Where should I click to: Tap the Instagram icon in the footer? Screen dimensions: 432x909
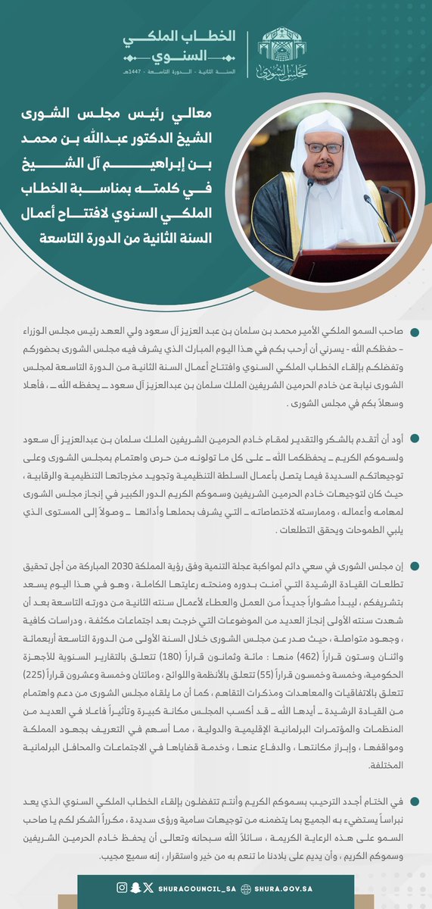[122, 887]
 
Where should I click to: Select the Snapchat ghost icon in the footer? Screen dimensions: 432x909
[135, 887]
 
